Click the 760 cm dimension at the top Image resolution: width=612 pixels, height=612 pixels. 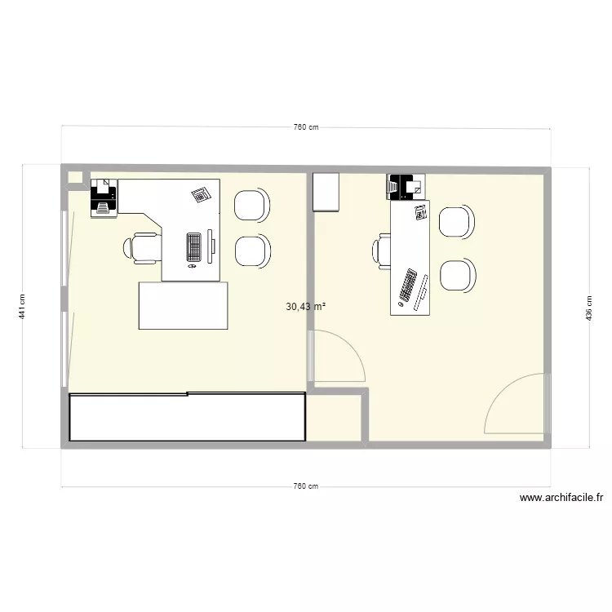[x=305, y=127]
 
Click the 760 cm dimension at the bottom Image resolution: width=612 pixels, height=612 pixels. [x=305, y=486]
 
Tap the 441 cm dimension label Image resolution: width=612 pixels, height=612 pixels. [x=24, y=306]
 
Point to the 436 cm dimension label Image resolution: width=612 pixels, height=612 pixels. [x=588, y=306]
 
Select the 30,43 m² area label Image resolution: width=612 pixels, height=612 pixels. [x=306, y=307]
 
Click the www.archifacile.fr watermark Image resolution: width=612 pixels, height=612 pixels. [x=561, y=498]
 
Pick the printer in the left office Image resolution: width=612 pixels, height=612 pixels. [x=104, y=197]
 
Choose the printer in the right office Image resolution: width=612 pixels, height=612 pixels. [x=404, y=187]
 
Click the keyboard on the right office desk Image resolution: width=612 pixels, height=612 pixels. [x=408, y=287]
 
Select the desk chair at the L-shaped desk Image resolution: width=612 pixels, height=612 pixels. [x=143, y=247]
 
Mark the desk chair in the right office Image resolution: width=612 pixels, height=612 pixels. [x=384, y=250]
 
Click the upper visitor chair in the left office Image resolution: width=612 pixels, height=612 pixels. [x=251, y=205]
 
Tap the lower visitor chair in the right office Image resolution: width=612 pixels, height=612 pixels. [x=457, y=274]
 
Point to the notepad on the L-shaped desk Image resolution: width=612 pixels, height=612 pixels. [x=201, y=194]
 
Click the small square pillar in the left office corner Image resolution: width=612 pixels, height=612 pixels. [x=75, y=176]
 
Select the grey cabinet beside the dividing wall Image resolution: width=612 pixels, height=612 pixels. [x=326, y=192]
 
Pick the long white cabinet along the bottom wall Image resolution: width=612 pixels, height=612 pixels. [x=188, y=417]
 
